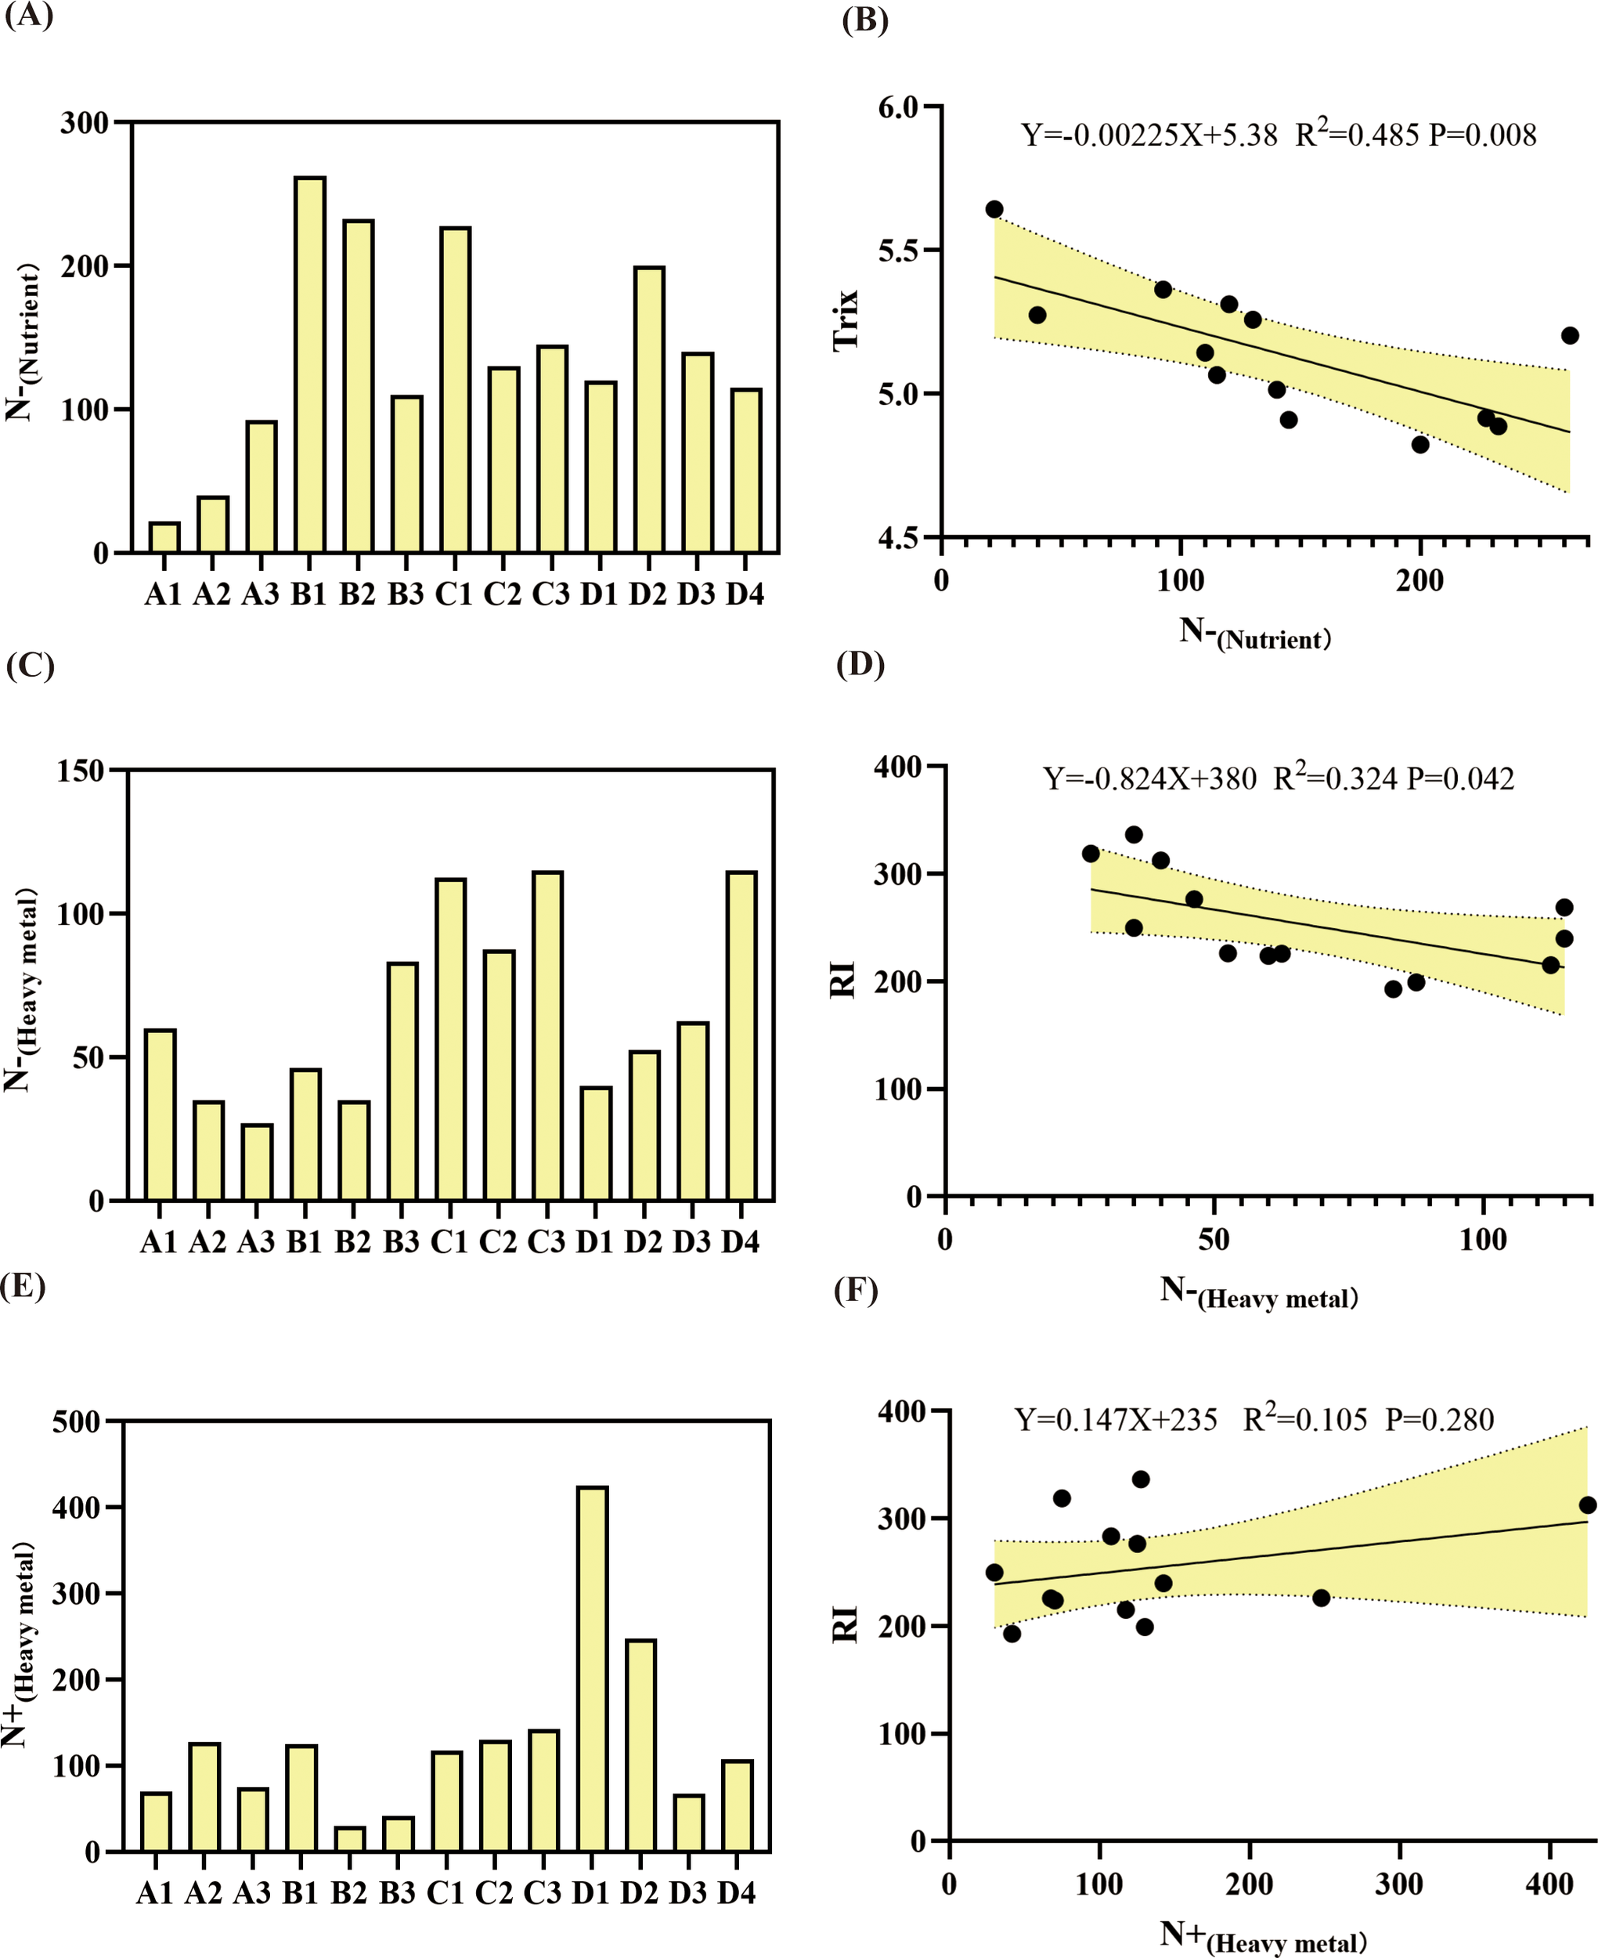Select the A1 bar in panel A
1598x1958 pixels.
tap(164, 537)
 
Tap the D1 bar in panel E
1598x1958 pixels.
tap(592, 1668)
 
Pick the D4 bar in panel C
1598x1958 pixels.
tap(741, 1035)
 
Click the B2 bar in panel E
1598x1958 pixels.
tap(349, 1839)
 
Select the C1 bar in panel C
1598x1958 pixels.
tap(450, 1039)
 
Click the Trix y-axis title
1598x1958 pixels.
tap(845, 319)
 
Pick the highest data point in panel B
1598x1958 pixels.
tap(994, 209)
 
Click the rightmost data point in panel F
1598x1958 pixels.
tap(1587, 1505)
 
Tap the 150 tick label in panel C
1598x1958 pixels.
tap(81, 771)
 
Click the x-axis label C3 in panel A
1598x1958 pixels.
tap(550, 594)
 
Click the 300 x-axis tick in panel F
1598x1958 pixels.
tap(1399, 1884)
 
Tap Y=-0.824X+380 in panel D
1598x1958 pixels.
tap(1149, 779)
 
